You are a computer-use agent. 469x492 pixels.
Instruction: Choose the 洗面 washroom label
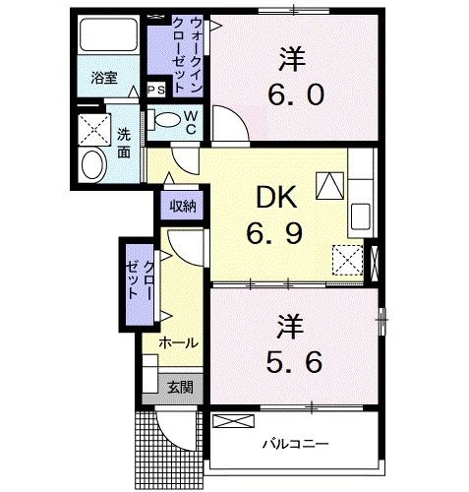[x=124, y=144]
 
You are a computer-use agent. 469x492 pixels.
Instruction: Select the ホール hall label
[x=179, y=342]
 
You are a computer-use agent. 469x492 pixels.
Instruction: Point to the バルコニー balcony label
[x=294, y=444]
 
